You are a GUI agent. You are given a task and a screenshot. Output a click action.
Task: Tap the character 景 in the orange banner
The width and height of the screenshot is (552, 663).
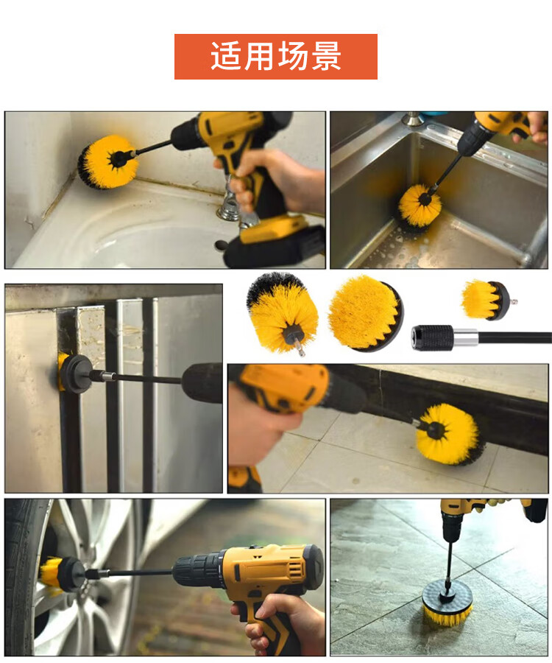[326, 56]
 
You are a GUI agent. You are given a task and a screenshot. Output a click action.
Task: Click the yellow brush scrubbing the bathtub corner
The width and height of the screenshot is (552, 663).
[107, 162]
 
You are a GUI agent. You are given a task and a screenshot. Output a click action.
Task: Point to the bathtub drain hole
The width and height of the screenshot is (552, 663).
[221, 245]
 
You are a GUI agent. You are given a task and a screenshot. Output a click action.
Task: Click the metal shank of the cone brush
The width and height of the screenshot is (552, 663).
[300, 348]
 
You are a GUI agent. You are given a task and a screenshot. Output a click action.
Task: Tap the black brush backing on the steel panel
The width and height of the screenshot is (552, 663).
[75, 374]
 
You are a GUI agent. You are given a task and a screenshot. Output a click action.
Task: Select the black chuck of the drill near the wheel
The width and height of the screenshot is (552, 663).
[196, 572]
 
